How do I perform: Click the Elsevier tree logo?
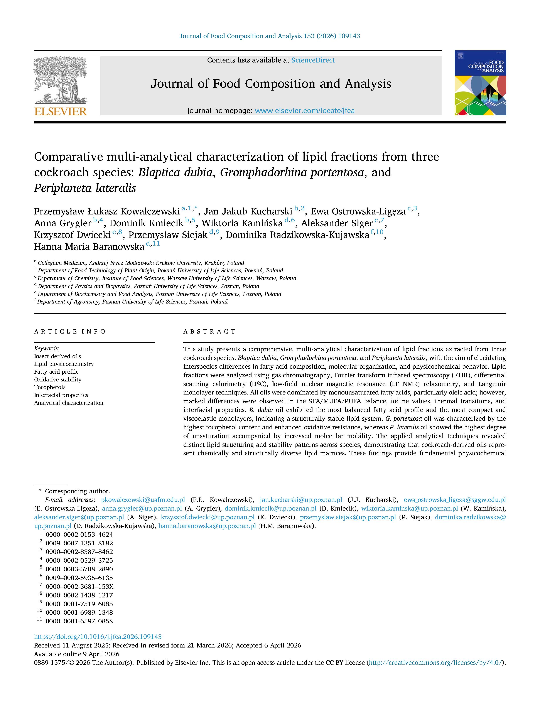(60, 80)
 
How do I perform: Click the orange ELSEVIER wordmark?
(61, 112)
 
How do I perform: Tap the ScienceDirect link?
(313, 60)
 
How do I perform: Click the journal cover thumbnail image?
(480, 83)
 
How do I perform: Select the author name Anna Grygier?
(62, 223)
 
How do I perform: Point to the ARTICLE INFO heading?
(70, 331)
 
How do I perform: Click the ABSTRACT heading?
(209, 331)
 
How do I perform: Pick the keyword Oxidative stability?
(58, 379)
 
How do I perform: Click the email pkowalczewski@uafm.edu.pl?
(143, 500)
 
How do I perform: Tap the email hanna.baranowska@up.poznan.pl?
(207, 526)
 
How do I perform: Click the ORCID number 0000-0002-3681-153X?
(79, 587)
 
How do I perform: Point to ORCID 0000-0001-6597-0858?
(79, 621)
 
